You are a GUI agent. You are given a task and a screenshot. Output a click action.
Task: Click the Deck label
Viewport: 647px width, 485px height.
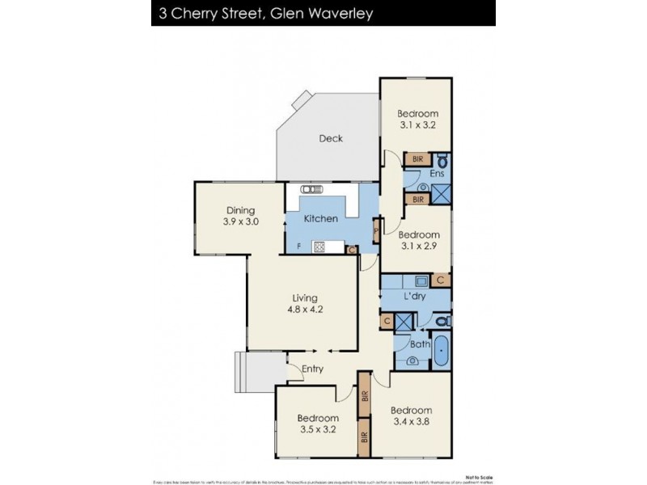pyautogui.click(x=330, y=138)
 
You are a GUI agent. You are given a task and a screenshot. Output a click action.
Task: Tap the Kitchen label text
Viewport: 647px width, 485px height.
pyautogui.click(x=320, y=219)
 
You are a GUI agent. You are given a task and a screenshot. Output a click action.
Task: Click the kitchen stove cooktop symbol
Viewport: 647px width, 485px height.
pyautogui.click(x=319, y=247)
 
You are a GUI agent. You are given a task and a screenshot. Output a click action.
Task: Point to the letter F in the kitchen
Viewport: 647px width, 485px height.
pyautogui.click(x=299, y=247)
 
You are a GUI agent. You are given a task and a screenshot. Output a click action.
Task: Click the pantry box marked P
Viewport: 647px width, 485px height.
pyautogui.click(x=376, y=232)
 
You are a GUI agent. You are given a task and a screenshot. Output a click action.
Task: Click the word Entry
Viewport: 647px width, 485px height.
pyautogui.click(x=313, y=369)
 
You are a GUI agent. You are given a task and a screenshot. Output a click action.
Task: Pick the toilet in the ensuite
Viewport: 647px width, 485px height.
pyautogui.click(x=442, y=160)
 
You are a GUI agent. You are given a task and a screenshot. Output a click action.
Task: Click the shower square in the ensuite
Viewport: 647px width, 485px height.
pyautogui.click(x=441, y=194)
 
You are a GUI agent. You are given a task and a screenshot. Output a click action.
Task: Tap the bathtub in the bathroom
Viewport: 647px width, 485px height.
pyautogui.click(x=441, y=352)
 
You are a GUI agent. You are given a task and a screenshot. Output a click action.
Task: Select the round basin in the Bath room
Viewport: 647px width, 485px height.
pyautogui.click(x=413, y=361)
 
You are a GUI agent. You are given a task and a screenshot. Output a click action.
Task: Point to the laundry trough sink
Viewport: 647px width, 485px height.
pyautogui.click(x=421, y=280)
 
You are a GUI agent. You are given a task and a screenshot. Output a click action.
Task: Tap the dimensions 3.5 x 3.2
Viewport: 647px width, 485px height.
pyautogui.click(x=317, y=429)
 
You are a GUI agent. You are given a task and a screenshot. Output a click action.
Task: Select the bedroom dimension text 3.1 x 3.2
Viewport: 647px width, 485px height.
pyautogui.click(x=418, y=124)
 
